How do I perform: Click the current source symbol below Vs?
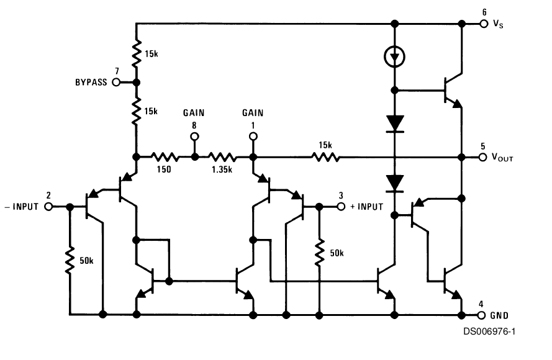[395, 57]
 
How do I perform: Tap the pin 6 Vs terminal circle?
[484, 24]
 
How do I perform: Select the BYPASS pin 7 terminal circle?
[116, 83]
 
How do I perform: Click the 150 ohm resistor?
[165, 157]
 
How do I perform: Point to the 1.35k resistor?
[222, 157]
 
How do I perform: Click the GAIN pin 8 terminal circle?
[194, 137]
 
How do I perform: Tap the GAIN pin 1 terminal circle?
[253, 137]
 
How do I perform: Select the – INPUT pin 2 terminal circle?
[48, 207]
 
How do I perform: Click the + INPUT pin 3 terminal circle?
[341, 207]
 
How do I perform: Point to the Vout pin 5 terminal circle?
[483, 157]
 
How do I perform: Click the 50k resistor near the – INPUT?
[70, 261]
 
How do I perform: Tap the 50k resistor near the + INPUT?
[319, 253]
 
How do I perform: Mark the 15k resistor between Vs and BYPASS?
[136, 53]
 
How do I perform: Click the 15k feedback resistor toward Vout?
[325, 157]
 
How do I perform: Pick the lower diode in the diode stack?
[395, 184]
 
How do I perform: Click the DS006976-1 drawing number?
[489, 331]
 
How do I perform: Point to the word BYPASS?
[91, 83]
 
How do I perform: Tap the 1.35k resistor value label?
[222, 169]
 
